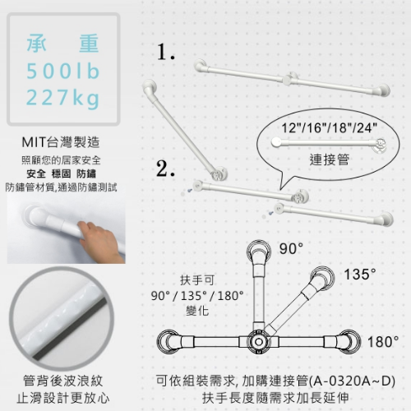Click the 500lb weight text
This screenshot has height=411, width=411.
coord(62,71)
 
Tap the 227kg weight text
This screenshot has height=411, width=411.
coord(62,98)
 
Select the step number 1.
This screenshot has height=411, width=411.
coord(166,52)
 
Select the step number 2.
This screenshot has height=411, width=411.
coord(165,169)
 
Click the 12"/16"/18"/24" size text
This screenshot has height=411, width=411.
coord(330,127)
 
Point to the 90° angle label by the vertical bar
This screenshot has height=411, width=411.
coord(291,249)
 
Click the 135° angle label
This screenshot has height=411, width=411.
coord(360,274)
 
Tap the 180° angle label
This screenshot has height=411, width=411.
coord(383,342)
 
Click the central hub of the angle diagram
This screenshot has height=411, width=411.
coord(258,342)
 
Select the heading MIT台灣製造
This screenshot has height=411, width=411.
coord(61,142)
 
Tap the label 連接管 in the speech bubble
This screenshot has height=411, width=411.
coord(330,159)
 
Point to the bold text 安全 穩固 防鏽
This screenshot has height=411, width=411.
coord(61,173)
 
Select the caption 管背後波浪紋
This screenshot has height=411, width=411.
coord(63,381)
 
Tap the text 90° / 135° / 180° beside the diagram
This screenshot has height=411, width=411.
coord(197,296)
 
